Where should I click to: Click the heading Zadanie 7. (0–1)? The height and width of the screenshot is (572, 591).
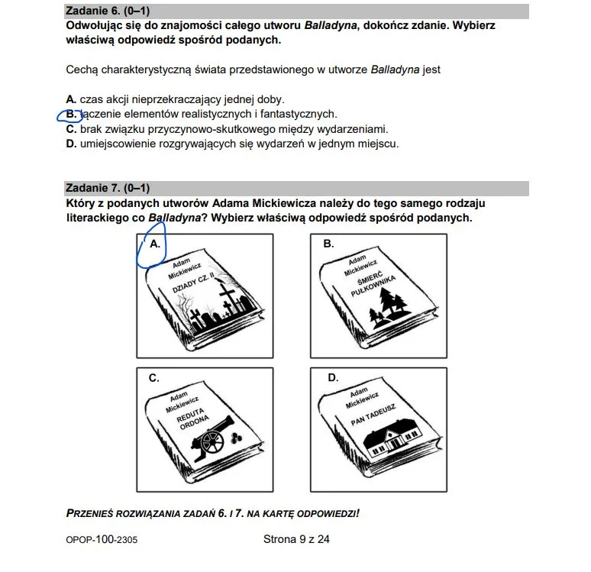click(x=107, y=189)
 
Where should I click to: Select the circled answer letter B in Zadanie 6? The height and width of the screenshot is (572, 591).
click(x=71, y=115)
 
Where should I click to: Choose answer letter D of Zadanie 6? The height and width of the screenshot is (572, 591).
click(x=71, y=143)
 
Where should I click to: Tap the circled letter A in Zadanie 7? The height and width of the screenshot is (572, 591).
click(x=155, y=244)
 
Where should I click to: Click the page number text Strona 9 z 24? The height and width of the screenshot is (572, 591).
click(x=295, y=539)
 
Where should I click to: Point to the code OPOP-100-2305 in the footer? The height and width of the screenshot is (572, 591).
click(x=102, y=540)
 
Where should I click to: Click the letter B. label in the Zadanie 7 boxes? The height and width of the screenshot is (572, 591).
click(x=329, y=244)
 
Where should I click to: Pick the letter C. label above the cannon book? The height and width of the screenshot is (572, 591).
click(x=154, y=377)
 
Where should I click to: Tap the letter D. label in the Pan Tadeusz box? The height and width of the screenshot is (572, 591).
click(x=333, y=377)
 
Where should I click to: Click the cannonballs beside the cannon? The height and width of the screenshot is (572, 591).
click(x=235, y=436)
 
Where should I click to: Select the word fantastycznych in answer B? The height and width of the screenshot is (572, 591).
click(x=302, y=115)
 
